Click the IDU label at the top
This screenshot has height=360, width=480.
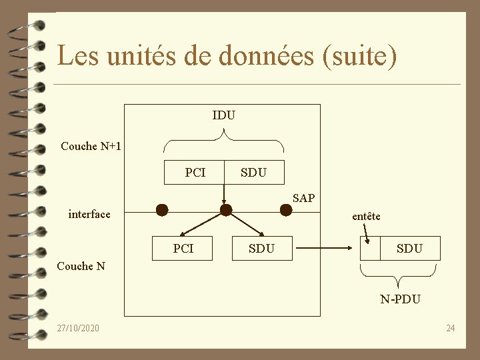(x=223, y=115)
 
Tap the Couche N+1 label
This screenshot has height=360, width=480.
(x=91, y=146)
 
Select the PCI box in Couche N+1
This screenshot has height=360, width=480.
(x=195, y=173)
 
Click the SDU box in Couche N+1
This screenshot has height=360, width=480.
(x=254, y=173)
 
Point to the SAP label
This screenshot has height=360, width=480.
(x=303, y=198)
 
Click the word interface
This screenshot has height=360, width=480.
(x=89, y=214)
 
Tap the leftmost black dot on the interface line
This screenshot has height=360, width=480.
(x=161, y=210)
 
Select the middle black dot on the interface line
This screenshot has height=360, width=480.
(x=226, y=210)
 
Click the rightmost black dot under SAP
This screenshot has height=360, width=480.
(x=285, y=210)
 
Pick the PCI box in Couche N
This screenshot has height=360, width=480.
(x=183, y=248)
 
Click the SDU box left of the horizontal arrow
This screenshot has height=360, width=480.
(x=261, y=248)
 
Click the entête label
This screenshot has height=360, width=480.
(x=366, y=216)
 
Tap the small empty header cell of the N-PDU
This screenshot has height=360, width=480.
(x=370, y=248)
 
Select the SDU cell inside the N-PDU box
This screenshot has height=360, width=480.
(x=409, y=248)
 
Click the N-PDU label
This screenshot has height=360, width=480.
(x=400, y=299)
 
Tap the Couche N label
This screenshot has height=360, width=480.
(x=81, y=266)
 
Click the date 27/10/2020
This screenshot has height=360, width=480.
(x=78, y=328)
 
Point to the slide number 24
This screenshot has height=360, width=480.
(x=451, y=328)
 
